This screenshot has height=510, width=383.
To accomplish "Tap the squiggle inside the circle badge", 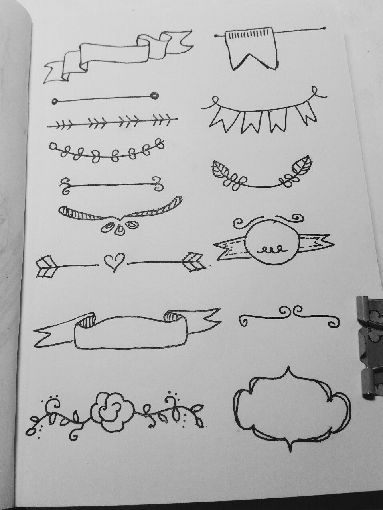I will click(x=271, y=250).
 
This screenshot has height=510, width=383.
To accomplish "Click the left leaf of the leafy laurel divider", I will click(x=222, y=170).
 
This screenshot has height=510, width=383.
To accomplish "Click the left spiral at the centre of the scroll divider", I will click(x=284, y=311).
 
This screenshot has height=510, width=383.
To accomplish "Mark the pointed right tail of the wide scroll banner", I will click(x=207, y=317).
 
